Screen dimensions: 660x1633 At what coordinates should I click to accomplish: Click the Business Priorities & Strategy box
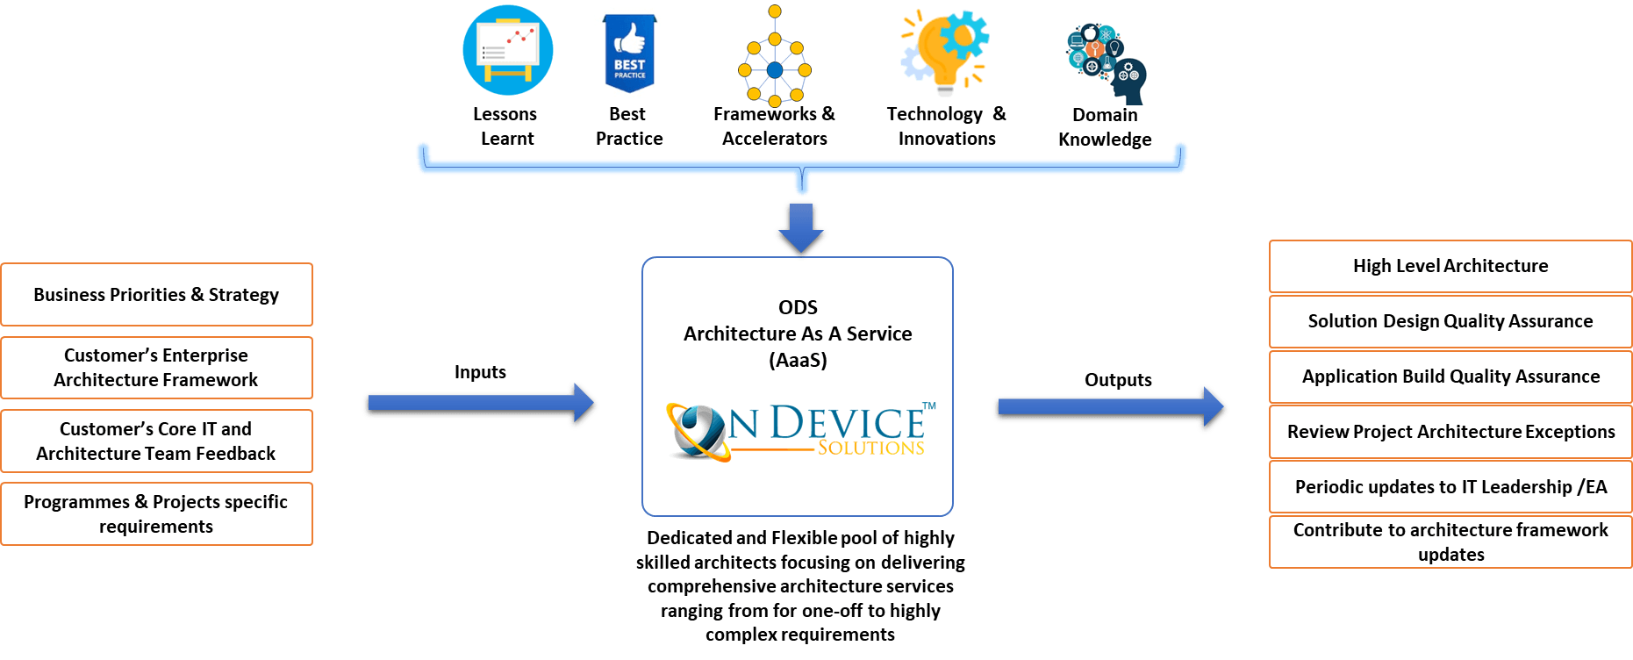(156, 295)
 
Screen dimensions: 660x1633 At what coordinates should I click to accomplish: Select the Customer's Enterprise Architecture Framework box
(156, 368)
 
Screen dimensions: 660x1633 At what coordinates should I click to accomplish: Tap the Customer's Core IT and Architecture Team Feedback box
(156, 441)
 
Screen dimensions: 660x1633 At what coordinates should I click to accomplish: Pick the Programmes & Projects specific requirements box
(156, 513)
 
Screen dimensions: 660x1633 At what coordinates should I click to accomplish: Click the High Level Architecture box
(1450, 266)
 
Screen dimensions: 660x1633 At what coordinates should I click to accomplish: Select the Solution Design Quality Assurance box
(1450, 321)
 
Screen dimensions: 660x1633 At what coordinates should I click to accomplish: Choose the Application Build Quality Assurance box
(1450, 377)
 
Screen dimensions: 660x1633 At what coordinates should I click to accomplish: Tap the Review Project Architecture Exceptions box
(1450, 432)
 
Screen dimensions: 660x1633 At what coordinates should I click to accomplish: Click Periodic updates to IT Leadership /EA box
(1450, 487)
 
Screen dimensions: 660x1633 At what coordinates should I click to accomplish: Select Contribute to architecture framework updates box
(1450, 542)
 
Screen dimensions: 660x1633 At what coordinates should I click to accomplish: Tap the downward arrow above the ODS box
(800, 226)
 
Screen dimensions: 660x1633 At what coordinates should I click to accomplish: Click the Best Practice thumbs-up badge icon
(629, 53)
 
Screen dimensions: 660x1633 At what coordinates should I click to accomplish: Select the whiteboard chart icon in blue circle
(508, 51)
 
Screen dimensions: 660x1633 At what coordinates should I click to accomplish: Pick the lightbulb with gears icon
(946, 54)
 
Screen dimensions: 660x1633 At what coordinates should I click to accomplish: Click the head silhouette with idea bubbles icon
(1105, 60)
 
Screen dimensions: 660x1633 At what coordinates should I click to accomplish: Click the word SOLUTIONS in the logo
(870, 448)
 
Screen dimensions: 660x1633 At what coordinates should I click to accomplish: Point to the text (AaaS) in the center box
(798, 360)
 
